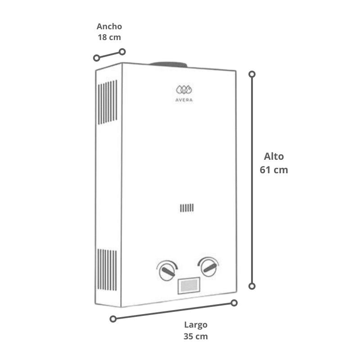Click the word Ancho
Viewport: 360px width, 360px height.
coord(109,27)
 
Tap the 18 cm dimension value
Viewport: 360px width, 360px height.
coord(109,37)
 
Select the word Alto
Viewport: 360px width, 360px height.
coord(274,156)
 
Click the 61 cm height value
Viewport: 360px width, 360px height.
coord(274,170)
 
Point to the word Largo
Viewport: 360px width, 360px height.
coord(196,325)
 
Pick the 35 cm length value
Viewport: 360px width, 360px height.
coord(196,336)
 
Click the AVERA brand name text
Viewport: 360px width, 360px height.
coord(184,100)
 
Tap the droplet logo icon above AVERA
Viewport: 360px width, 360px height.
coord(184,90)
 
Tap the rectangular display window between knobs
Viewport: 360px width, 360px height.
coord(189,286)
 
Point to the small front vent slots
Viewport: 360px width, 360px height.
coord(187,208)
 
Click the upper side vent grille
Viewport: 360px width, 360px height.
coord(108,102)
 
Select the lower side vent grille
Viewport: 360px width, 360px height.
coord(107,270)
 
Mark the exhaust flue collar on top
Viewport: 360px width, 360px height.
coord(169,64)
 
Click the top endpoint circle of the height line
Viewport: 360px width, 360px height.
coord(252,74)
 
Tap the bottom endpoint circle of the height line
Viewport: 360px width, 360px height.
coord(252,286)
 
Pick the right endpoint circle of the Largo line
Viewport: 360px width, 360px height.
coord(234,303)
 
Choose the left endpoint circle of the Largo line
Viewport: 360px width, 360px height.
coord(113,319)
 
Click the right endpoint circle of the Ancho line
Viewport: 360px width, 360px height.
coord(122,52)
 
